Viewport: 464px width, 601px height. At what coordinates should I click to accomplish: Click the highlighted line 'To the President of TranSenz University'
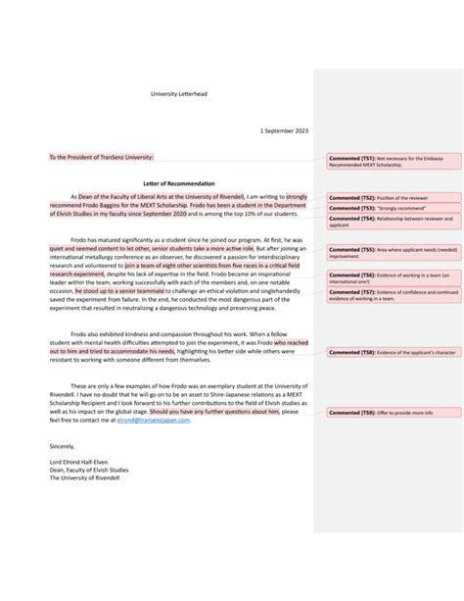pyautogui.click(x=102, y=157)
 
